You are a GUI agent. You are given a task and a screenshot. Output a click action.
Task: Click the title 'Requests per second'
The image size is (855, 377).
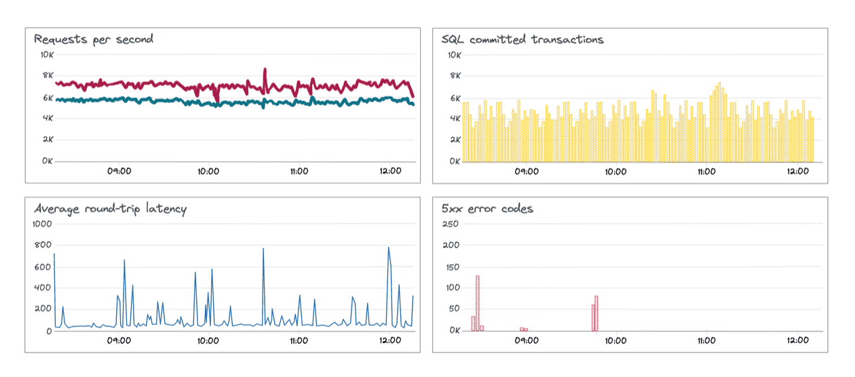tap(94, 39)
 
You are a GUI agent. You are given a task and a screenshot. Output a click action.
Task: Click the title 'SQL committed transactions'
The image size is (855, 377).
tap(522, 39)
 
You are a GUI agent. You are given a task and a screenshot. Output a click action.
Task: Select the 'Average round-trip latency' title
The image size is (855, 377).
tap(110, 209)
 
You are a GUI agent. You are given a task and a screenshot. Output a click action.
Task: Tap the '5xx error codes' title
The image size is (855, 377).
tap(487, 209)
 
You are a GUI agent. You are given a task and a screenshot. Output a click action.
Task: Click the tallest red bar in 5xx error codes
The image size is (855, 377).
tap(478, 302)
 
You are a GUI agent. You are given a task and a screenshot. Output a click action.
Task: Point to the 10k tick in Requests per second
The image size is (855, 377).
tap(46, 54)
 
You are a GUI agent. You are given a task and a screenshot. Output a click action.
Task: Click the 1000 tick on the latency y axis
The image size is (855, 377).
tap(43, 224)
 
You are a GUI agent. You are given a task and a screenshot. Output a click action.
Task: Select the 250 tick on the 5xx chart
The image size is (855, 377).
tap(450, 224)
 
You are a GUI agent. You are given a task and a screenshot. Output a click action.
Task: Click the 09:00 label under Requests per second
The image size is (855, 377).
tap(119, 171)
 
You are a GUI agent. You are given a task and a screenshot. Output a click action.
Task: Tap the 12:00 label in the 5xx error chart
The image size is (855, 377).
tap(798, 340)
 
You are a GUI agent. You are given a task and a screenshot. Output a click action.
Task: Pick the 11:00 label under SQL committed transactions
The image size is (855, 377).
tap(706, 171)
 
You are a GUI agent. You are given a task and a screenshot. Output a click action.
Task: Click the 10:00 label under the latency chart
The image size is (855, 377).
tap(208, 340)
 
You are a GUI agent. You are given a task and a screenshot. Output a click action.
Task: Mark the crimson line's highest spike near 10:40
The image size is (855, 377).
tap(265, 70)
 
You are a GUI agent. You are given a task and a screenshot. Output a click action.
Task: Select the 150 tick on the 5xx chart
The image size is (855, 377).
tap(450, 266)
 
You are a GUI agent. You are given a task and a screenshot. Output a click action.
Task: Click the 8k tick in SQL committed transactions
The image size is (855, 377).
tap(454, 76)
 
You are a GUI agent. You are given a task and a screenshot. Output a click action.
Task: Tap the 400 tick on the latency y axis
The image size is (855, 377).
tap(43, 288)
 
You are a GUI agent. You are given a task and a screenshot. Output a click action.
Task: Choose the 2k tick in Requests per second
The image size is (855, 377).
tap(47, 140)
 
